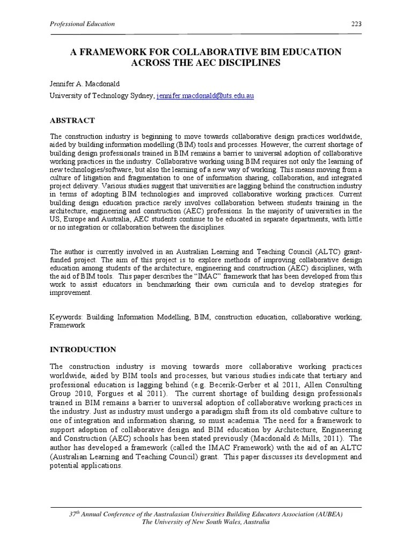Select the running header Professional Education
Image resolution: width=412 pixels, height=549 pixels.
coord(82,24)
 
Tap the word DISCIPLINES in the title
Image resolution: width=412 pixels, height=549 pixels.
coord(245,63)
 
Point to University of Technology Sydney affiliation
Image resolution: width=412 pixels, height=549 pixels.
coord(102,96)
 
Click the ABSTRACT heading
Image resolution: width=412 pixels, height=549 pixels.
coord(72,120)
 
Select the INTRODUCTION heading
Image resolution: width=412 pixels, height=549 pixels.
coord(83,350)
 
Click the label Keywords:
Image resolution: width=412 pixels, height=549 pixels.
coord(67,317)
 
